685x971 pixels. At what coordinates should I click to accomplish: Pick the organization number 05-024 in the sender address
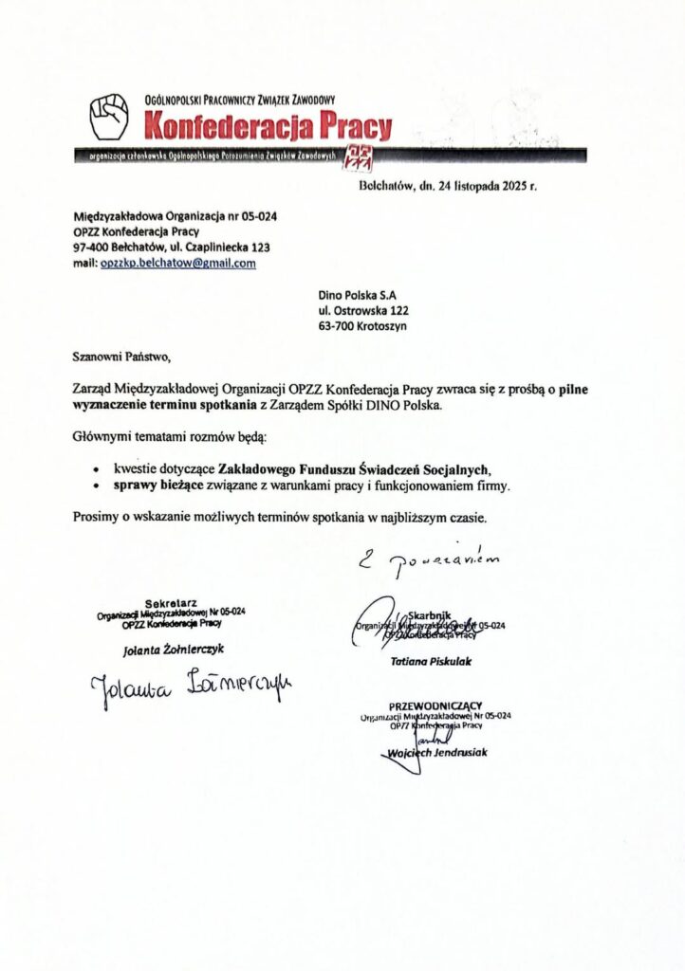pyautogui.click(x=255, y=216)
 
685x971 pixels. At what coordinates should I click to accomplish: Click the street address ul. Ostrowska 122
pyautogui.click(x=364, y=309)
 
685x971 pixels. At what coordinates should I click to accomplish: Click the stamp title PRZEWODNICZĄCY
pyautogui.click(x=435, y=705)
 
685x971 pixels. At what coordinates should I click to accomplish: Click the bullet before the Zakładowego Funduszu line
pyautogui.click(x=97, y=469)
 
